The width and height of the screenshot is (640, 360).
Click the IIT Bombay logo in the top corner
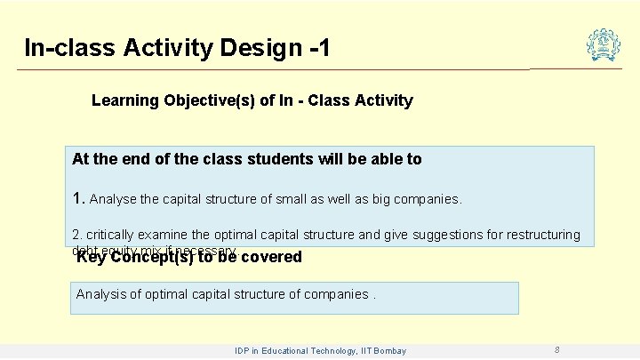pos(604,44)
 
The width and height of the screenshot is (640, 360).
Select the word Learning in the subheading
pos(124,100)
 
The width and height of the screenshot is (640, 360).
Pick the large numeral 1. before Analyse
pos(78,198)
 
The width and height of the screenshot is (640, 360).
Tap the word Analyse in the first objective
pos(113,199)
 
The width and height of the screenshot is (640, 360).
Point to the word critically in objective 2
pos(111,236)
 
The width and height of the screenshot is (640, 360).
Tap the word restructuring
pos(537,236)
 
